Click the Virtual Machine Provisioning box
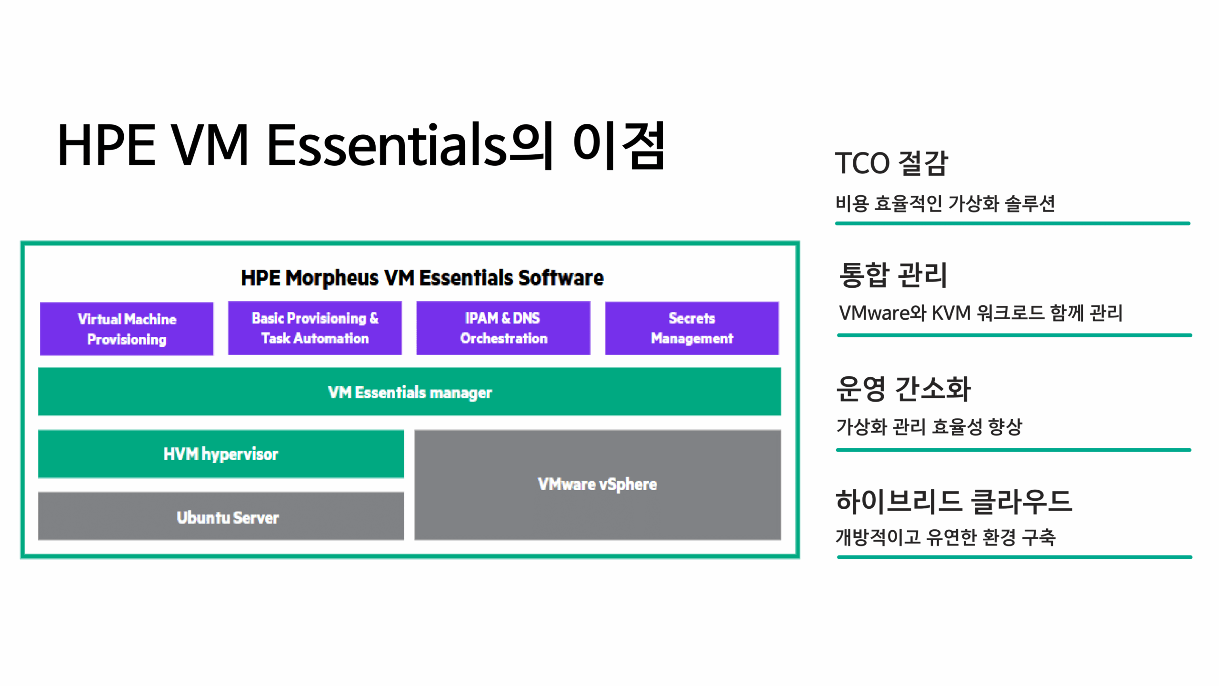coord(127,329)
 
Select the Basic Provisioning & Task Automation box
coord(315,328)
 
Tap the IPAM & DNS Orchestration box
coord(503,328)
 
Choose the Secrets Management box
coord(692,328)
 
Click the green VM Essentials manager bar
coord(410,392)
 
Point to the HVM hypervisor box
coord(221,454)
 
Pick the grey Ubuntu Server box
coord(221,516)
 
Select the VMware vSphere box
coord(598,485)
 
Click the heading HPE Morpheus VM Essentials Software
coord(422,278)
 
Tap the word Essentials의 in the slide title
coord(410,145)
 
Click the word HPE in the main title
coord(106,145)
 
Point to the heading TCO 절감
coord(891,163)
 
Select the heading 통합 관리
coord(893,274)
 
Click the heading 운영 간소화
coord(903,388)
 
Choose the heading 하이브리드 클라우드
coord(954,502)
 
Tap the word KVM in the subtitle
coord(950,313)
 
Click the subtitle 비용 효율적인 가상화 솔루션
coord(945,203)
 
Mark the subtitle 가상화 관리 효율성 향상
coord(929,426)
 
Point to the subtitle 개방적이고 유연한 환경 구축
coord(946,537)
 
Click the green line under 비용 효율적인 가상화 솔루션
coord(1013,223)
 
